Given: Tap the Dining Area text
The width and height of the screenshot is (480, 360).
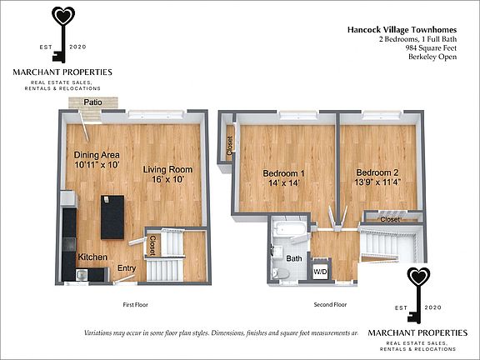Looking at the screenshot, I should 97,154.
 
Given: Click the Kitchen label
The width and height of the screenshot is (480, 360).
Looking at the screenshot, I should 92,257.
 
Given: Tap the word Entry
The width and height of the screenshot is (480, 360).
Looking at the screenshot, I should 127,267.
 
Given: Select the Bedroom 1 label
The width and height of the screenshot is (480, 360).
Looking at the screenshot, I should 283,173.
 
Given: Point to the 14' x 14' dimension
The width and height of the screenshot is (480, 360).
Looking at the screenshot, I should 283,184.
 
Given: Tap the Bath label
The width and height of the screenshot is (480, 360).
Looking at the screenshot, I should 294,259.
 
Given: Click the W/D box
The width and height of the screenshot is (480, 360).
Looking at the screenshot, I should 320,272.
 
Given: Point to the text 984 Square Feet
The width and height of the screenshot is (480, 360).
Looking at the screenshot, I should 431,49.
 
